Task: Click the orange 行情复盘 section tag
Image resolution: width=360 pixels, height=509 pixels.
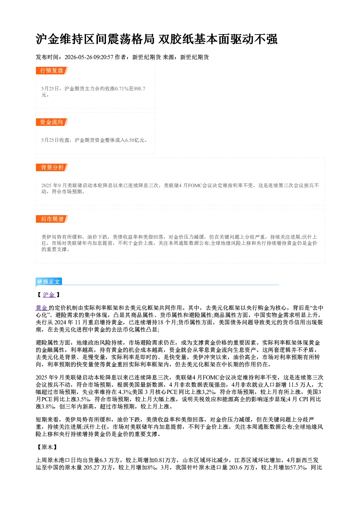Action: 52,70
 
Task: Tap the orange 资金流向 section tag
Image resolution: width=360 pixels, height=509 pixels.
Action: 52,122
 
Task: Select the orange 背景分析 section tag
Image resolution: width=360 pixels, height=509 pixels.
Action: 52,167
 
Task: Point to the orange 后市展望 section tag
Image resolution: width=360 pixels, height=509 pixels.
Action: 52,219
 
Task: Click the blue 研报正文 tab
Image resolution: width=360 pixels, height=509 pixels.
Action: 49,282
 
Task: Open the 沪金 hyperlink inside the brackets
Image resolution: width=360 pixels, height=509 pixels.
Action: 49,295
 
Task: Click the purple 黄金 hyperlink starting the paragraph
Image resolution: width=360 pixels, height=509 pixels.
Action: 42,308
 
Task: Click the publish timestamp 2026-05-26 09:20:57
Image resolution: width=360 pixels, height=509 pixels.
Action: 89,57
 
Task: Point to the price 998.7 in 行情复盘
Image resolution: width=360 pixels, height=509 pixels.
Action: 139,89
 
